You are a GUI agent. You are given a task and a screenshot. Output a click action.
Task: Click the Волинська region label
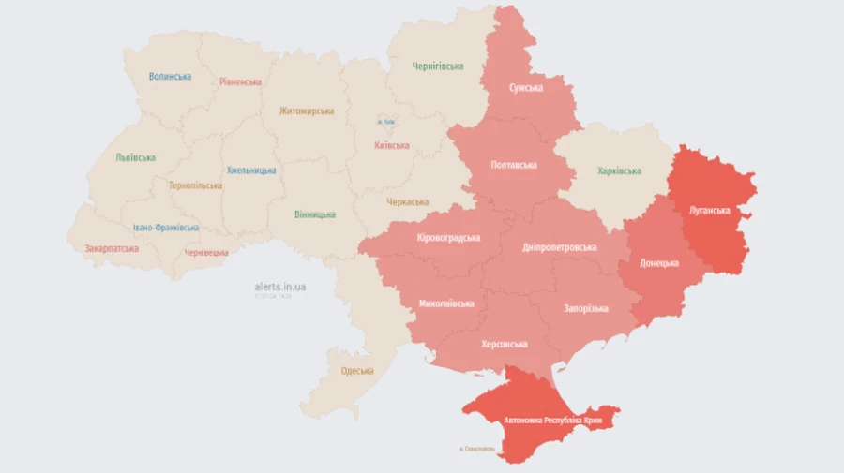pyautogui.click(x=170, y=77)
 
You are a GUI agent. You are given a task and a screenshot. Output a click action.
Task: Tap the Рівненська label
pyautogui.click(x=240, y=81)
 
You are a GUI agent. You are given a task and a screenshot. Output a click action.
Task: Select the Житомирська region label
pyautogui.click(x=306, y=111)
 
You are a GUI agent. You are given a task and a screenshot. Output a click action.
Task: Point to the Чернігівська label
pyautogui.click(x=438, y=67)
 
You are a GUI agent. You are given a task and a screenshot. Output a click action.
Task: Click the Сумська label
pyautogui.click(x=526, y=87)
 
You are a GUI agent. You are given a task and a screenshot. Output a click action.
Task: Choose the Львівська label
pyautogui.click(x=135, y=157)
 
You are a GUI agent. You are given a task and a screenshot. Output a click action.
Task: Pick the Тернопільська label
pyautogui.click(x=195, y=185)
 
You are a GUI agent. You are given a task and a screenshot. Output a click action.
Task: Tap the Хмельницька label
pyautogui.click(x=251, y=170)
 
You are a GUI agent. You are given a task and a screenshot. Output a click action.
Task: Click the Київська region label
pyautogui.click(x=391, y=145)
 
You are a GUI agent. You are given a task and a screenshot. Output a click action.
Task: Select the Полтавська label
pyautogui.click(x=514, y=165)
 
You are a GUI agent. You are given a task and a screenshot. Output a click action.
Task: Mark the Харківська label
pyautogui.click(x=619, y=171)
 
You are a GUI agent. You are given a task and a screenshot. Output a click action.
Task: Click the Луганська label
pyautogui.click(x=709, y=210)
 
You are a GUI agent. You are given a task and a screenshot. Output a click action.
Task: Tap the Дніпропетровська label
pyautogui.click(x=560, y=247)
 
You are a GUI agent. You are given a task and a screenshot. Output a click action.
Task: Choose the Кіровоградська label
pyautogui.click(x=448, y=238)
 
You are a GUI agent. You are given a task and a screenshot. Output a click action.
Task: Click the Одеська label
pyautogui.click(x=356, y=371)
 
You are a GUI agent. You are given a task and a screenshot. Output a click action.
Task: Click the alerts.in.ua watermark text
pyautogui.click(x=279, y=287)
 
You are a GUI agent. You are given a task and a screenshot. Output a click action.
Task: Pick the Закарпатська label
pyautogui.click(x=112, y=248)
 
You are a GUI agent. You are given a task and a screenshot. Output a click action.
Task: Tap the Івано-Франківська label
pyautogui.click(x=165, y=228)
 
